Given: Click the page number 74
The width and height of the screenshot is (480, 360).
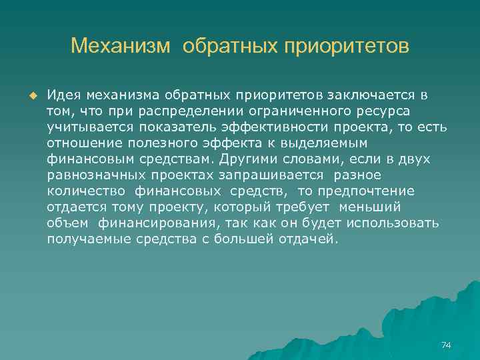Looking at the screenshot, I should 446,345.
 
